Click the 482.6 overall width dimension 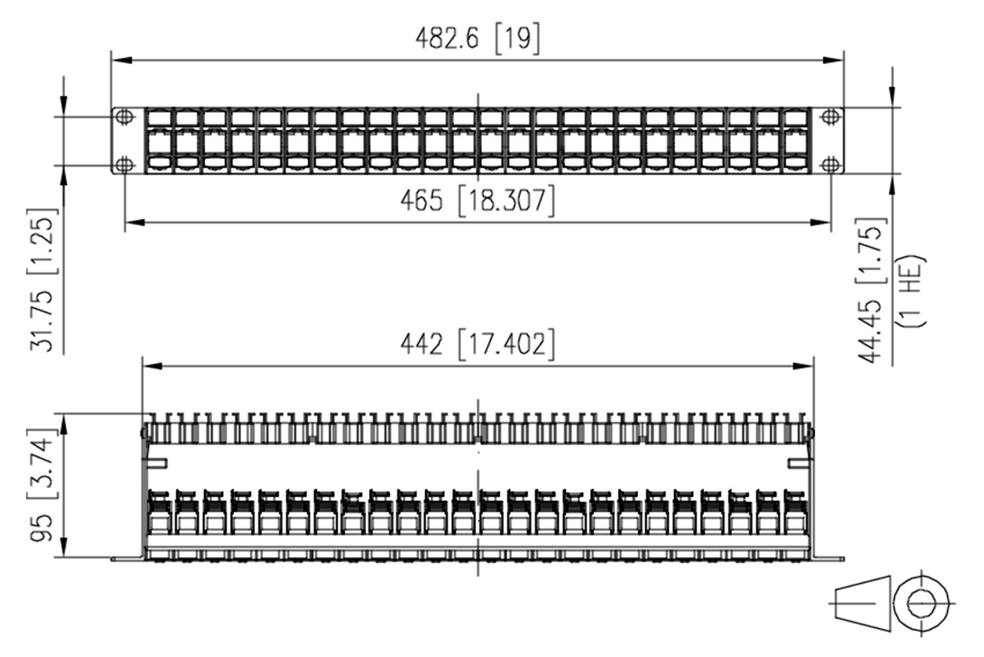[x=446, y=38]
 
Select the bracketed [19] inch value [x=517, y=38]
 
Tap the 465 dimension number [x=422, y=201]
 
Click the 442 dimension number [x=422, y=344]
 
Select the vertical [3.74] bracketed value [x=41, y=464]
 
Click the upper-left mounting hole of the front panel [x=124, y=116]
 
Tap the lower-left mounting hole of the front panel [x=124, y=165]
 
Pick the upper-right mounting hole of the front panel [x=831, y=116]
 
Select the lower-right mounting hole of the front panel [x=831, y=165]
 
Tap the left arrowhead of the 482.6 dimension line [x=119, y=60]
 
